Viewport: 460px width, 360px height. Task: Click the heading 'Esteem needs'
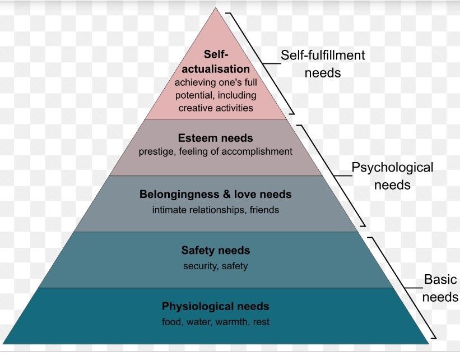point(215,138)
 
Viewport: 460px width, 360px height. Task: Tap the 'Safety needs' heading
point(215,250)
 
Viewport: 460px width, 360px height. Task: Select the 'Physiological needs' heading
point(215,307)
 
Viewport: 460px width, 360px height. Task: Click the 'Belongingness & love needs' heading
point(215,195)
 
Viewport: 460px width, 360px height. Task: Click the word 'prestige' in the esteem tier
point(155,151)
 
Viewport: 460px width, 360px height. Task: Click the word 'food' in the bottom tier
point(171,322)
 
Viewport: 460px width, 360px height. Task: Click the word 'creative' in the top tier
point(197,107)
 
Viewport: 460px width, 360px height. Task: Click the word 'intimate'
point(169,210)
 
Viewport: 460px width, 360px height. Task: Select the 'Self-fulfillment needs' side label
point(322,63)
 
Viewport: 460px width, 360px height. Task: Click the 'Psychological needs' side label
point(392,176)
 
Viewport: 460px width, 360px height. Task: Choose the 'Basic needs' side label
point(440,288)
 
